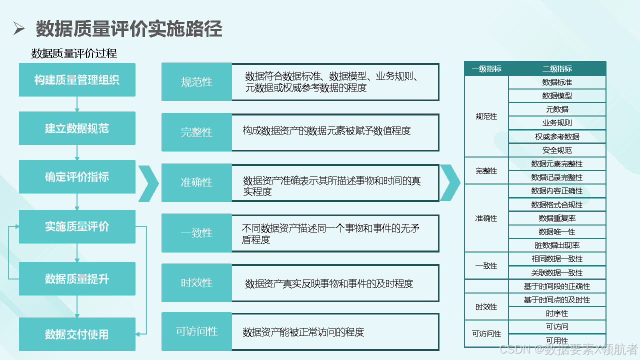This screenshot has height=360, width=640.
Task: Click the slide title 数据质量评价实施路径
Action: click(x=129, y=28)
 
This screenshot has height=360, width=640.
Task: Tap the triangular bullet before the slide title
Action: click(x=19, y=28)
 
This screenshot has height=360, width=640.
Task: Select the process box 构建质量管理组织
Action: click(x=77, y=79)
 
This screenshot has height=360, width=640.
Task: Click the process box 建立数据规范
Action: click(x=77, y=128)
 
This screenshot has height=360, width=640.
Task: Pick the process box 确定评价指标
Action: click(x=77, y=177)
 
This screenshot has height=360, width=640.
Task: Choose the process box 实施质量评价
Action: click(x=77, y=226)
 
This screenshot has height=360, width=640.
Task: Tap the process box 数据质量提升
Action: click(x=77, y=278)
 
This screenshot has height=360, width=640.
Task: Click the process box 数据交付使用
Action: click(x=77, y=334)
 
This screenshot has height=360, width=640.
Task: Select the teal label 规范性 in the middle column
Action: click(x=196, y=82)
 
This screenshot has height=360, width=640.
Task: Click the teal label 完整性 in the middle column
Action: click(x=196, y=132)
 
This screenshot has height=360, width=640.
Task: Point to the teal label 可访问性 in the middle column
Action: click(x=196, y=331)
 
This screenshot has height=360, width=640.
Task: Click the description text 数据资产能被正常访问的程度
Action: click(x=303, y=332)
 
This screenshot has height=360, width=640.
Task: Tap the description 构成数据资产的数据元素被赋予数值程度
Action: click(x=326, y=131)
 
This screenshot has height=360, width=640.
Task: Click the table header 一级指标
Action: click(x=486, y=69)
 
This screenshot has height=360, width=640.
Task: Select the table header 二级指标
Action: click(x=557, y=69)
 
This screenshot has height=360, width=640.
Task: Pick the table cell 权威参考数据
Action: click(x=557, y=137)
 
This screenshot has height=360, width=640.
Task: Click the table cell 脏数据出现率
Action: click(x=557, y=245)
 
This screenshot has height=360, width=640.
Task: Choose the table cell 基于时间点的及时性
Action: click(x=557, y=299)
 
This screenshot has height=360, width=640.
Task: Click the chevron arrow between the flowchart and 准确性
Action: click(x=148, y=183)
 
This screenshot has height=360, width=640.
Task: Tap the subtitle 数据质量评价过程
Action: click(x=74, y=53)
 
